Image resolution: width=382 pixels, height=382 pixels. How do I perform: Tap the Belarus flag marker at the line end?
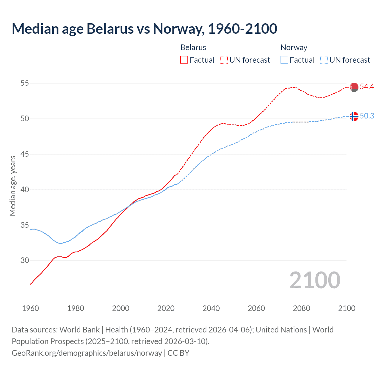354,87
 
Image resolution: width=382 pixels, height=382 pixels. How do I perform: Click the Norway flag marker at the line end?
354,116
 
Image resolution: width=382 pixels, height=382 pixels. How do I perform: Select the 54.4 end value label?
367,87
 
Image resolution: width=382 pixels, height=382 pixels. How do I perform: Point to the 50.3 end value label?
367,116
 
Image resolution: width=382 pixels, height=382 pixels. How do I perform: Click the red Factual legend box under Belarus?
184,60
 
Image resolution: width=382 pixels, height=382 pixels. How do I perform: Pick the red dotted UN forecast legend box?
224,60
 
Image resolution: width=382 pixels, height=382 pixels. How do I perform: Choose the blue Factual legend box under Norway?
284,60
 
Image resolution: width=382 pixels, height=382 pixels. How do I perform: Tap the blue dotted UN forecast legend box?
324,60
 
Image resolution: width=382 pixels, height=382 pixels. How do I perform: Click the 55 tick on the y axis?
25,83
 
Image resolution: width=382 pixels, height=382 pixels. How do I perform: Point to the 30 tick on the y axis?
25,261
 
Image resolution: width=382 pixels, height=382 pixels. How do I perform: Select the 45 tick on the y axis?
25,154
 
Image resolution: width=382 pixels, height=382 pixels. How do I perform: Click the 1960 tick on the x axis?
30,308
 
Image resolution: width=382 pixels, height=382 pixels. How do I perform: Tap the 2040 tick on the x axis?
211,308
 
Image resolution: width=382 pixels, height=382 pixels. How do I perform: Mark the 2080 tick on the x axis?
301,308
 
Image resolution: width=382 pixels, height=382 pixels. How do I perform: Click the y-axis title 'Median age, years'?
13,186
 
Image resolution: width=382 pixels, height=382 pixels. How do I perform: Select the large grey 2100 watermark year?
315,280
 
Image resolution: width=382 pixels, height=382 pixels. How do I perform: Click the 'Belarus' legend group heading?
193,47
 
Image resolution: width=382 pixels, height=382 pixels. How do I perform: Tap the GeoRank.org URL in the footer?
87,353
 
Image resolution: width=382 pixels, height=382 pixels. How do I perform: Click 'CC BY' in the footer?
178,353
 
